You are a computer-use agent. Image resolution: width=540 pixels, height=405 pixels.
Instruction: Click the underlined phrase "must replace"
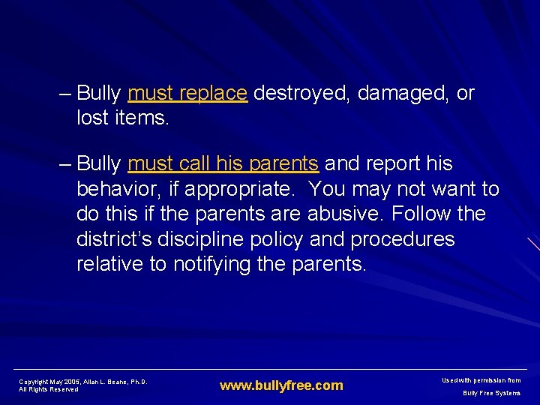coord(187,94)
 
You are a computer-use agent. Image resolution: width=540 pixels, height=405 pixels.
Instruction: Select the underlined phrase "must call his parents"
coord(223,163)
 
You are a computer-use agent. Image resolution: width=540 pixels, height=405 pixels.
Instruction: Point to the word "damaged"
coord(404,94)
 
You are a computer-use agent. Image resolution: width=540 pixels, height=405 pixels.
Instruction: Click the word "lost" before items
coord(91,118)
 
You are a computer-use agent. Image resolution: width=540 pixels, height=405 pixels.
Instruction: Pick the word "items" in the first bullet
coord(142,118)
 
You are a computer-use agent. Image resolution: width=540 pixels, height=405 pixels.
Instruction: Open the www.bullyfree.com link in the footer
coord(280,385)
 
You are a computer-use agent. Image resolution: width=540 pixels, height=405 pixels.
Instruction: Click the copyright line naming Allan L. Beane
coord(82,382)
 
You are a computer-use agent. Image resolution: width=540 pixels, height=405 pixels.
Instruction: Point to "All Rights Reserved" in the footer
coord(48,389)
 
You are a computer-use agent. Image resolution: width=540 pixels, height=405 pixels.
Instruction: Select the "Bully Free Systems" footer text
coord(490,393)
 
